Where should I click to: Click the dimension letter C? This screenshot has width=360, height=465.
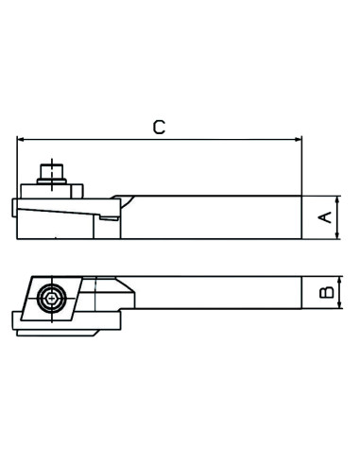pyautogui.click(x=159, y=128)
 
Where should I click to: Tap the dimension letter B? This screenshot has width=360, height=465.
pyautogui.click(x=327, y=292)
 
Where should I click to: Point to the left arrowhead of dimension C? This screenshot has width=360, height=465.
pyautogui.click(x=21, y=139)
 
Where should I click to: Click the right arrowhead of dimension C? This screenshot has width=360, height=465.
pyautogui.click(x=298, y=139)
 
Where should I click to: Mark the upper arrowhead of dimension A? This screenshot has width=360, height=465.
pyautogui.click(x=337, y=200)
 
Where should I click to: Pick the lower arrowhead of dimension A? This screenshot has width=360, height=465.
pyautogui.click(x=337, y=234)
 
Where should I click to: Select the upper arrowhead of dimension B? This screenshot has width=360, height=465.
pyautogui.click(x=339, y=281)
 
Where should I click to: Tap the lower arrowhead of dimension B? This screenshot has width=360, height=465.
pyautogui.click(x=339, y=304)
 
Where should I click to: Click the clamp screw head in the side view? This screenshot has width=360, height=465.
pyautogui.click(x=52, y=171)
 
